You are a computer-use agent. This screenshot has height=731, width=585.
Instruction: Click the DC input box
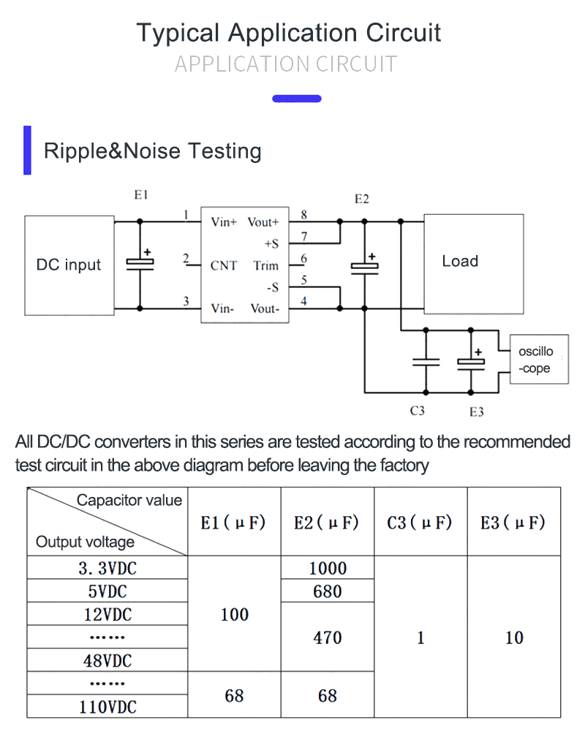pyautogui.click(x=69, y=265)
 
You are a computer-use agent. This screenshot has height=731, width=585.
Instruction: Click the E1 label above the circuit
pyautogui.click(x=141, y=195)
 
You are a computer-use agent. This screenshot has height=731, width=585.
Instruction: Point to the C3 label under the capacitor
pyautogui.click(x=417, y=411)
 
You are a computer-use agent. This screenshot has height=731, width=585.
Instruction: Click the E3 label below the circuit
pyautogui.click(x=476, y=412)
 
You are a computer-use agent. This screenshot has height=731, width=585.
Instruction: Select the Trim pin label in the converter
pyautogui.click(x=266, y=265)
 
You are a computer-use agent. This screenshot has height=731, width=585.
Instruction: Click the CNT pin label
pyautogui.click(x=224, y=265)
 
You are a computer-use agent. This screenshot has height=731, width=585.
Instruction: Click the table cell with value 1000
pyautogui.click(x=328, y=568)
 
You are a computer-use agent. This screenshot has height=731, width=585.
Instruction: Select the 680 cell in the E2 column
pyautogui.click(x=328, y=591)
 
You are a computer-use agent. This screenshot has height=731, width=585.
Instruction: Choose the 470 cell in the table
pyautogui.click(x=328, y=637)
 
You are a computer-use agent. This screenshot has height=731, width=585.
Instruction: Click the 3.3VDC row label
pyautogui.click(x=107, y=568)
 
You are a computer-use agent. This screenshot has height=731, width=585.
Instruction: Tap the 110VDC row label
pyautogui.click(x=107, y=707)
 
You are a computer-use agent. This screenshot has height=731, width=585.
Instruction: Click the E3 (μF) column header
pyautogui.click(x=513, y=523)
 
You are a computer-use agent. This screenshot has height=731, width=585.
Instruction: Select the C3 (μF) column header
pyautogui.click(x=420, y=523)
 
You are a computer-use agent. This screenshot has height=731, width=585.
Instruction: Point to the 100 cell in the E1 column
pyautogui.click(x=234, y=615)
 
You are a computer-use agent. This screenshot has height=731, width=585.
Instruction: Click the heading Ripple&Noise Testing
pyautogui.click(x=152, y=151)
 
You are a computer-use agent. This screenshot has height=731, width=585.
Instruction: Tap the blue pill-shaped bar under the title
pyautogui.click(x=297, y=98)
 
